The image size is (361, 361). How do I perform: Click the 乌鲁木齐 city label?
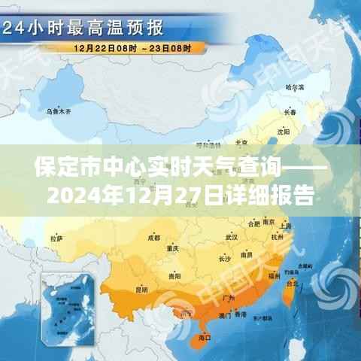tap(58, 111)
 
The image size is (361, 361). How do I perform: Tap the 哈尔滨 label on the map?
tap(296, 88)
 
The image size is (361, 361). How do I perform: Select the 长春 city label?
tap(290, 112)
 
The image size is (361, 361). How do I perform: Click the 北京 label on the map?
tap(241, 142)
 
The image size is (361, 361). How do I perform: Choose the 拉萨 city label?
tap(56, 238)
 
